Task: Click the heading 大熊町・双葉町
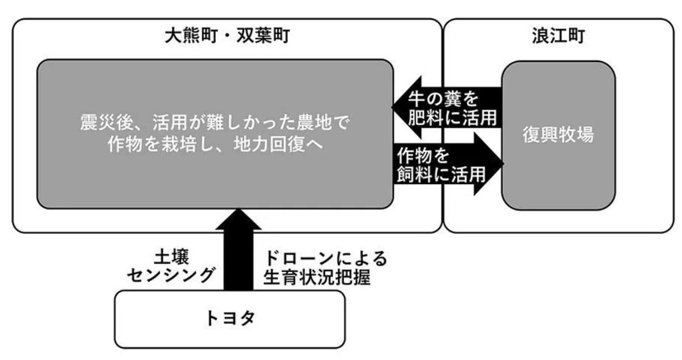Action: point(227,36)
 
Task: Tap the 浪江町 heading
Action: point(558,36)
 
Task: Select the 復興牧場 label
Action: point(558,135)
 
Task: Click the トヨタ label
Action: point(230,319)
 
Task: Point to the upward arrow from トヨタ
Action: point(238,251)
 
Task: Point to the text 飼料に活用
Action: point(441,174)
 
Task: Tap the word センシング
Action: point(172,276)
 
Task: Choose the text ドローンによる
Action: point(326,258)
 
